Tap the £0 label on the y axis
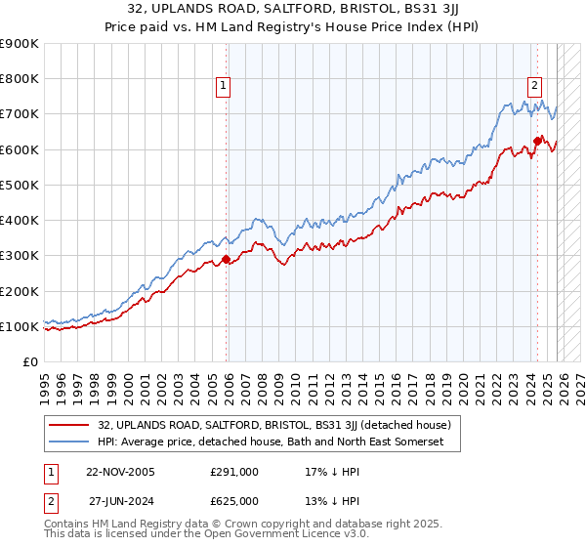tap(30, 362)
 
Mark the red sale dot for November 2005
tap(227, 259)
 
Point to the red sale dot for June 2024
tap(537, 141)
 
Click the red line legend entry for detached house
tap(273, 425)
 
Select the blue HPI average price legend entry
tap(271, 442)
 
